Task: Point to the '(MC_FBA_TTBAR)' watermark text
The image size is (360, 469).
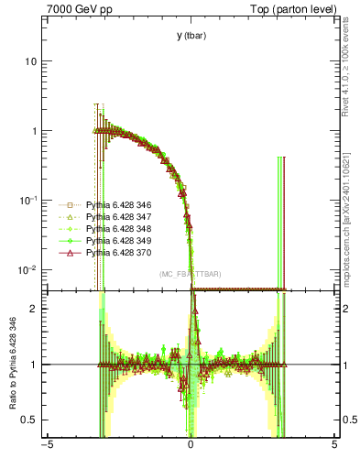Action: click(x=190, y=275)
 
